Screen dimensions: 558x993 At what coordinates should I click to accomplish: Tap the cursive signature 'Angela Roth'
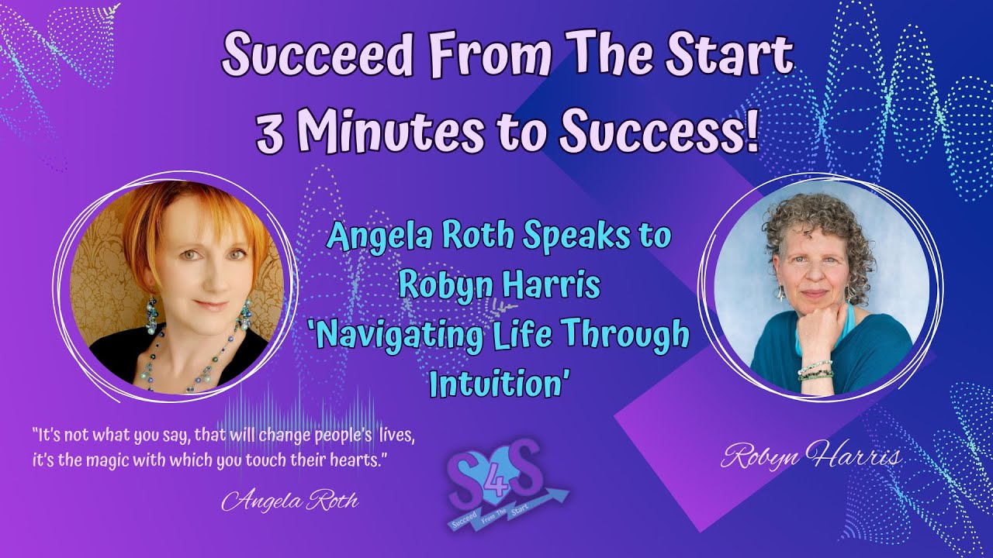290,501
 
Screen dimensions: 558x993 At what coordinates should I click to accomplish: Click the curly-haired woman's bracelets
815,370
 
